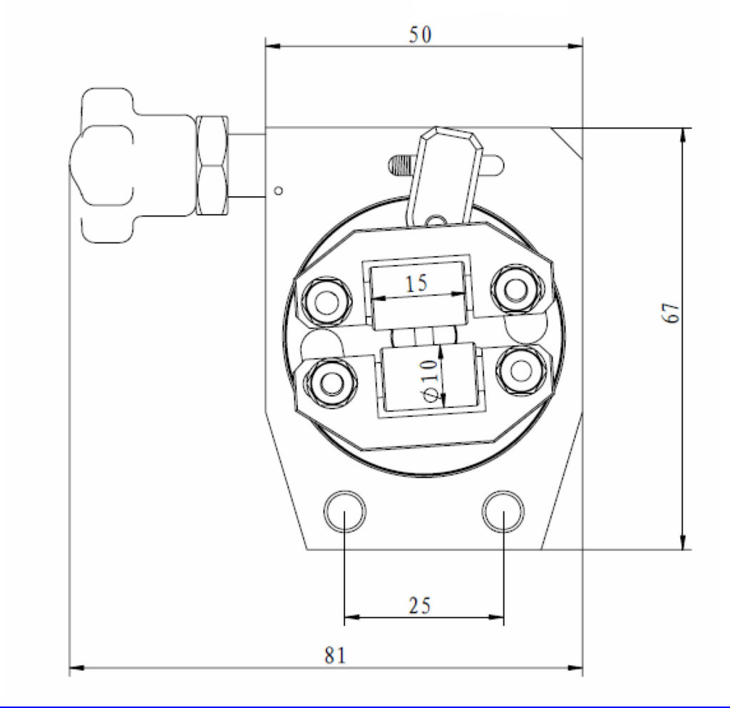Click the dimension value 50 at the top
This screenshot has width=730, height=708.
click(420, 34)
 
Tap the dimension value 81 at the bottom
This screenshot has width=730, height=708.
click(335, 655)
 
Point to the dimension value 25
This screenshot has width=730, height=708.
click(419, 605)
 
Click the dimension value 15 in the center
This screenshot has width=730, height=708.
click(416, 283)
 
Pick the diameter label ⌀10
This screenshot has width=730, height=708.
click(428, 379)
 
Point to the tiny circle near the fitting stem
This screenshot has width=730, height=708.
click(279, 190)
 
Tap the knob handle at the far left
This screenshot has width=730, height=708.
click(103, 165)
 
